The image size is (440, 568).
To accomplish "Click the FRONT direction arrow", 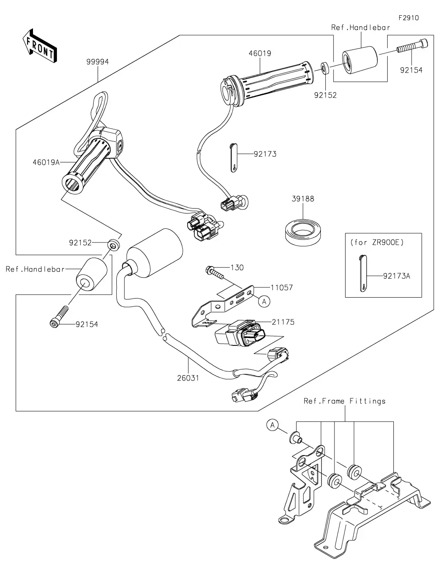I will tap(40, 45).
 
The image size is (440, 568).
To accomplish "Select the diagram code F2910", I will tap(408, 18).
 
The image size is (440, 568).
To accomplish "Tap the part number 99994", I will tap(97, 62).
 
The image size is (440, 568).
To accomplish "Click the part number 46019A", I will tap(46, 162).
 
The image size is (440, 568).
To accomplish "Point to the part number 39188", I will tap(303, 199).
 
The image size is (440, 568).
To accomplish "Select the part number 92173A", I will tap(396, 276).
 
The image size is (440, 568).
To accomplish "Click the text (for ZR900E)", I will tap(377, 242).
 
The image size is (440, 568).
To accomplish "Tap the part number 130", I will tap(237, 268).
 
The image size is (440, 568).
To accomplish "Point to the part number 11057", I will tap(282, 287).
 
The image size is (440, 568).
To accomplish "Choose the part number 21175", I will tap(283, 322).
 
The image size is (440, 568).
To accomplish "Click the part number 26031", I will tap(188, 377).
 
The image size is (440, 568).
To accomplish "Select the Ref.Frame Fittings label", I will tap(344, 401).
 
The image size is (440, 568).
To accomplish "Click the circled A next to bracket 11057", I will tap(264, 301).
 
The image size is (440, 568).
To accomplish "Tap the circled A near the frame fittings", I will tap(273, 425).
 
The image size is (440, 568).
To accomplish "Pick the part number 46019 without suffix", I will tap(260, 53).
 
